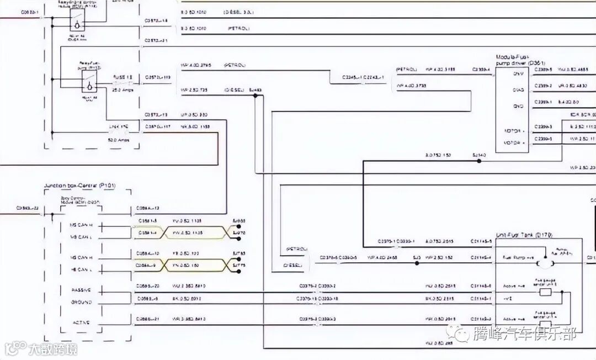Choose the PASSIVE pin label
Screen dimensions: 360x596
(81, 290)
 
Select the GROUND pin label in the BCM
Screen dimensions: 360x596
(81, 302)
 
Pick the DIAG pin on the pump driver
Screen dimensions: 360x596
(518, 90)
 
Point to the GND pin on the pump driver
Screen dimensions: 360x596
(518, 106)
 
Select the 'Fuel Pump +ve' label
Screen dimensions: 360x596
(517, 258)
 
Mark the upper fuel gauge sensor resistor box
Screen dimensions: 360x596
(546, 292)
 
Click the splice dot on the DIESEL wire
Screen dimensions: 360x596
(255, 96)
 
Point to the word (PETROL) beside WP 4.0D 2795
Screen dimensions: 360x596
(235, 65)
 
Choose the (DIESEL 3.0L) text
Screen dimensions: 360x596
(238, 11)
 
